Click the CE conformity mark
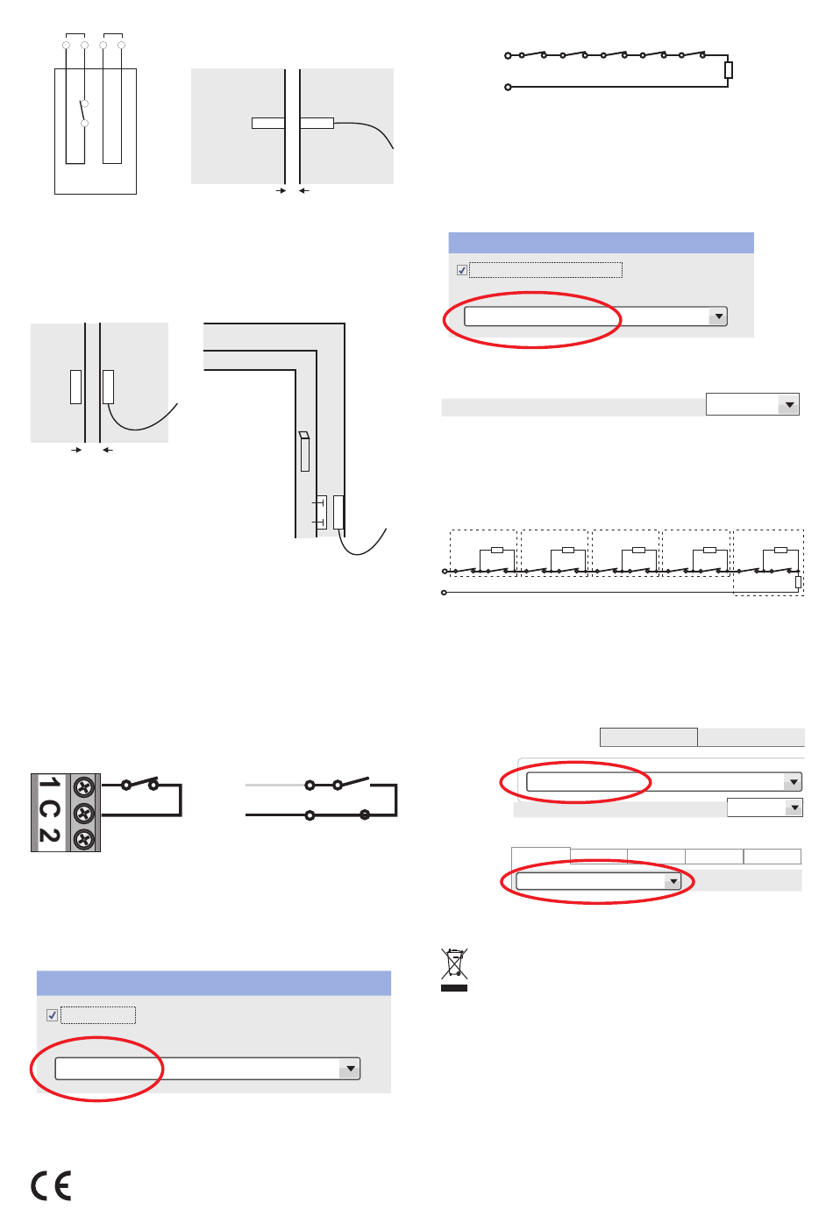(51, 1184)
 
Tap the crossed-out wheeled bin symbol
(454, 964)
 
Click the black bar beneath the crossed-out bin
(454, 988)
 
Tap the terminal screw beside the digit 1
(83, 786)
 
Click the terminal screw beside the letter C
(83, 813)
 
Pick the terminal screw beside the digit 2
(83, 838)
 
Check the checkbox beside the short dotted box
(52, 1014)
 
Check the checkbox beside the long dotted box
(461, 270)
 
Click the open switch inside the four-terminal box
(83, 113)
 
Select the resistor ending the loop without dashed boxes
(729, 70)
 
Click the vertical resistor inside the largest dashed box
(798, 582)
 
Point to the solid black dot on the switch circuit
(365, 814)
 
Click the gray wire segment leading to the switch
(275, 785)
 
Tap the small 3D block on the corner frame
(304, 452)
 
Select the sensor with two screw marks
(321, 512)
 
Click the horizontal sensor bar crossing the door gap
(293, 123)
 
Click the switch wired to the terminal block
(140, 783)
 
